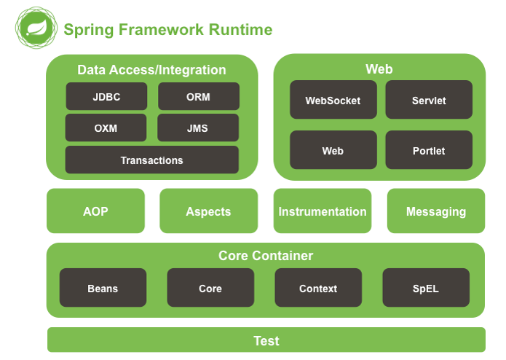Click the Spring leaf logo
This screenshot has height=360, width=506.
pyautogui.click(x=36, y=28)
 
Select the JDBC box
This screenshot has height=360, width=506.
pyautogui.click(x=106, y=96)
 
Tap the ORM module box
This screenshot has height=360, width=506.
pyautogui.click(x=199, y=96)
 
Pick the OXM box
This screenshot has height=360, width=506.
pyautogui.click(x=106, y=128)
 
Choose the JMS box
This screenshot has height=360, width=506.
pyautogui.click(x=198, y=128)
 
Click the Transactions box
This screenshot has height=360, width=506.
pyautogui.click(x=152, y=160)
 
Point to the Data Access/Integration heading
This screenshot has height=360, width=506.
pyautogui.click(x=151, y=70)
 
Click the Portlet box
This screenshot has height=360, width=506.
pyautogui.click(x=429, y=150)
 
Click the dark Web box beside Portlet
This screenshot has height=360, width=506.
pyautogui.click(x=333, y=150)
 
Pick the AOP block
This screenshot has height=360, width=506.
pyautogui.click(x=95, y=211)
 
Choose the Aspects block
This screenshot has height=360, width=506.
pyautogui.click(x=209, y=211)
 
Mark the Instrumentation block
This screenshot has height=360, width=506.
pyautogui.click(x=323, y=211)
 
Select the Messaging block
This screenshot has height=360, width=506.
pyautogui.click(x=436, y=211)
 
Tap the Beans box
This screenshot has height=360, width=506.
pyautogui.click(x=103, y=287)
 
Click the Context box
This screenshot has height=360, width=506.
pyautogui.click(x=318, y=287)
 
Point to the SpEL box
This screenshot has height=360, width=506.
pyautogui.click(x=426, y=287)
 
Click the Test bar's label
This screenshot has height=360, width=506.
pyautogui.click(x=266, y=341)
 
